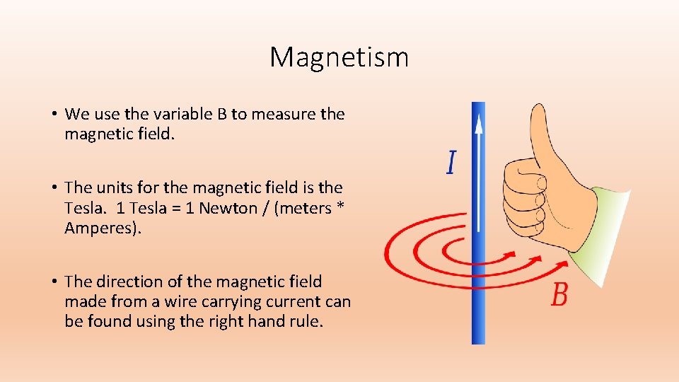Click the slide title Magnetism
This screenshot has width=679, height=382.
click(339, 57)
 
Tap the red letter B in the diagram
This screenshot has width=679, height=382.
click(559, 294)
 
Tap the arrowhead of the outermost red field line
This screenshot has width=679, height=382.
click(564, 265)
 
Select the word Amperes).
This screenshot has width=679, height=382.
click(103, 228)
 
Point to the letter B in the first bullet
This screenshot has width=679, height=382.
click(222, 114)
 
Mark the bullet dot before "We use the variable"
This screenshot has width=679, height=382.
click(54, 115)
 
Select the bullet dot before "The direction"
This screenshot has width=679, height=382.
click(54, 282)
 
